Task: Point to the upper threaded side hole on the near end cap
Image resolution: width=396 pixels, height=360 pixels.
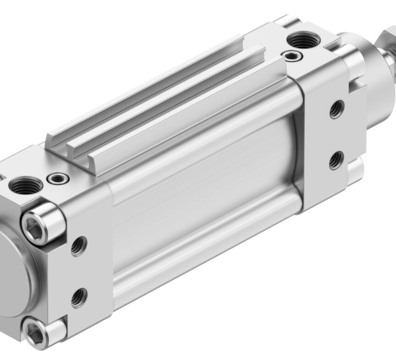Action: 79,247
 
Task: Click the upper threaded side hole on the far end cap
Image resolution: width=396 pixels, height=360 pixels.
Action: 337,109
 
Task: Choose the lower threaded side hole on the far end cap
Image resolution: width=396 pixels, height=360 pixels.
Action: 336,159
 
